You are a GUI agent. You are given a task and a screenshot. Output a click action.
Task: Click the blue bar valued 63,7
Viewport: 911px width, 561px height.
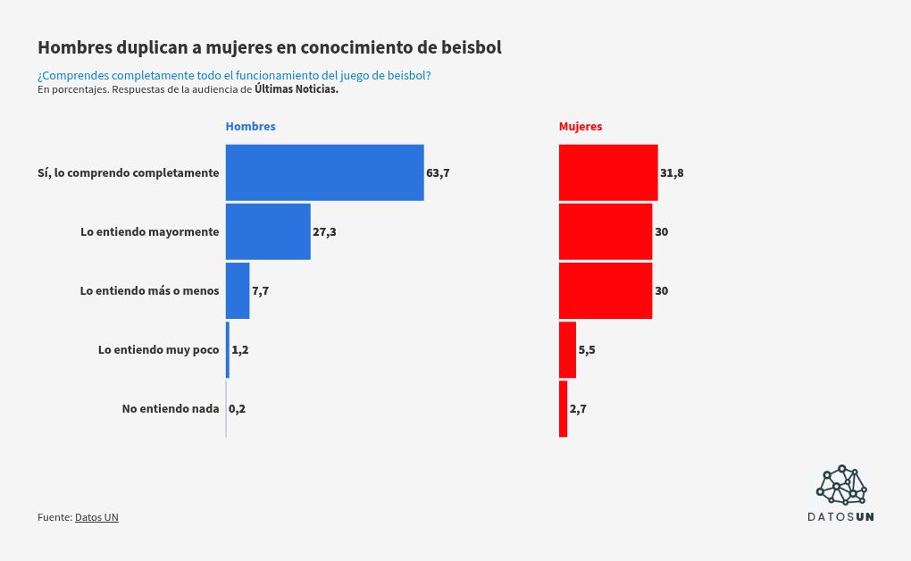pyautogui.click(x=324, y=172)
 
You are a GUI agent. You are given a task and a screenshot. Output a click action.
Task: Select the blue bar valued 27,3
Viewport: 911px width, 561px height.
pyautogui.click(x=268, y=231)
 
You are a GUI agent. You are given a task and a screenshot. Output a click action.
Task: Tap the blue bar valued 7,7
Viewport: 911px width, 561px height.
pyautogui.click(x=238, y=290)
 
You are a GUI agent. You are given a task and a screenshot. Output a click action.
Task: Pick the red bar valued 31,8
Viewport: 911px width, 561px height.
pyautogui.click(x=608, y=172)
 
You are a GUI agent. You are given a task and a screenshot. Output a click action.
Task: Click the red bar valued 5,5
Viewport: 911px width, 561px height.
pyautogui.click(x=567, y=349)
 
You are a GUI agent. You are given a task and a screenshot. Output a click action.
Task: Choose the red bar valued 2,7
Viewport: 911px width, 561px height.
pyautogui.click(x=564, y=408)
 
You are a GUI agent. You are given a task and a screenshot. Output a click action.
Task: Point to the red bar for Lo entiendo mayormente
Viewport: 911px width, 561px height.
pyautogui.click(x=606, y=231)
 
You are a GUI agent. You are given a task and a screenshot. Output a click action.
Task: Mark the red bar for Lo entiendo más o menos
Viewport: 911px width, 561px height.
pyautogui.click(x=606, y=290)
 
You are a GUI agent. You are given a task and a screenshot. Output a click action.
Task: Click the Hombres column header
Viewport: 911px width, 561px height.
pyautogui.click(x=250, y=127)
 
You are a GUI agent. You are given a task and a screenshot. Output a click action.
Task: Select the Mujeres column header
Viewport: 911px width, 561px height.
pyautogui.click(x=581, y=127)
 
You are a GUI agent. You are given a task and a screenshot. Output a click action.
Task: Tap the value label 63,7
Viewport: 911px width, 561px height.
pyautogui.click(x=438, y=173)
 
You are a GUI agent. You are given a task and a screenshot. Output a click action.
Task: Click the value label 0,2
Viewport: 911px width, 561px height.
pyautogui.click(x=237, y=409)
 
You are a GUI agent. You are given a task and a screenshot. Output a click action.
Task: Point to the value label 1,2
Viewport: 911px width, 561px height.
pyautogui.click(x=240, y=350)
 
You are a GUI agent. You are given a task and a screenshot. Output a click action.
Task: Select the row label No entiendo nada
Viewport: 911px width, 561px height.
pyautogui.click(x=171, y=409)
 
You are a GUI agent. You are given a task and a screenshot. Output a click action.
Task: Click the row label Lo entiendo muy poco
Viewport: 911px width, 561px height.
pyautogui.click(x=158, y=350)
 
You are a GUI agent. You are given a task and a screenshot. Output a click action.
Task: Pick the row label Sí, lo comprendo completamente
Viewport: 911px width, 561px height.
pyautogui.click(x=129, y=173)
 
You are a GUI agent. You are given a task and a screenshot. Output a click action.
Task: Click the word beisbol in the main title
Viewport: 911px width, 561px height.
pyautogui.click(x=471, y=47)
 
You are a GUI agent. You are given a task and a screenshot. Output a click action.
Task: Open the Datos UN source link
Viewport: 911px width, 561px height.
pyautogui.click(x=96, y=517)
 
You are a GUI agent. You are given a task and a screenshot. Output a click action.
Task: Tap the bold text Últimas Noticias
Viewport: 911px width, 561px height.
pyautogui.click(x=297, y=89)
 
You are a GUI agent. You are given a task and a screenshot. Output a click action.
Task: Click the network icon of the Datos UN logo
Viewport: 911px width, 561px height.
pyautogui.click(x=841, y=485)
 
